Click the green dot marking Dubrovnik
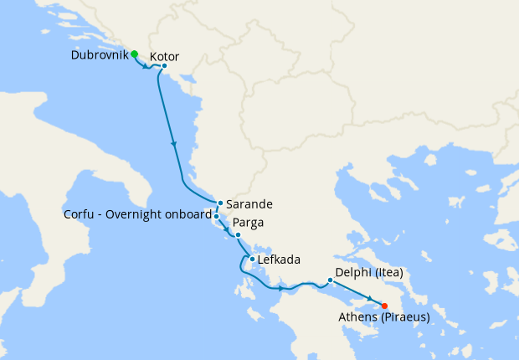click(x=134, y=54)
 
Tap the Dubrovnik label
click(x=100, y=55)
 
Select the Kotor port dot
click(x=164, y=66)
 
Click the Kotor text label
click(x=164, y=57)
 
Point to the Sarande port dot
click(x=219, y=203)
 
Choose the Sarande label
click(x=249, y=203)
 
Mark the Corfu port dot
click(x=216, y=216)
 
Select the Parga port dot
click(x=238, y=234)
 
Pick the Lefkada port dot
click(x=252, y=259)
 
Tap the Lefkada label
click(x=280, y=260)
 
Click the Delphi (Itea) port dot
click(x=331, y=280)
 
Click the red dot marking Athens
click(x=384, y=306)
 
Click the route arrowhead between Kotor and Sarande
click(x=173, y=144)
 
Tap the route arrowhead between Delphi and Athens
click(x=369, y=298)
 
